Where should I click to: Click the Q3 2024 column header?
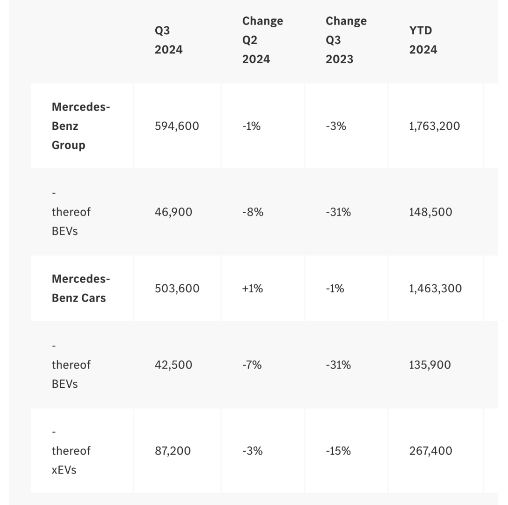click(x=168, y=40)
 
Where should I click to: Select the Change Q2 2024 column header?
click(x=262, y=40)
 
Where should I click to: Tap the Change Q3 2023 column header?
click(x=346, y=40)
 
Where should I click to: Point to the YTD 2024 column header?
click(x=423, y=40)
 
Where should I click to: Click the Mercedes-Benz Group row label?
click(x=81, y=126)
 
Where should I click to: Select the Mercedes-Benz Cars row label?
click(x=81, y=288)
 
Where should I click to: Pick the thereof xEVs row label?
click(x=71, y=451)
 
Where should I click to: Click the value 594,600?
click(x=177, y=126)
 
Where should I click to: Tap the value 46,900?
click(x=173, y=212)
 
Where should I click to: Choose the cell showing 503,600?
click(x=177, y=289)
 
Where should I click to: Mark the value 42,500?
click(x=173, y=365)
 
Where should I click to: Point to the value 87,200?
click(x=173, y=451)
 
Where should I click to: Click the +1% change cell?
click(x=253, y=289)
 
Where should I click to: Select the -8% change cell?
click(x=253, y=212)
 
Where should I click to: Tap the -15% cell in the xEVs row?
click(x=338, y=451)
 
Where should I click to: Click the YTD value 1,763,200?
click(x=435, y=126)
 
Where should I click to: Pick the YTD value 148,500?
click(x=430, y=212)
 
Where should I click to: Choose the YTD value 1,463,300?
click(x=436, y=289)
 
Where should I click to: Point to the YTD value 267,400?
click(x=430, y=451)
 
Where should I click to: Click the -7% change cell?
click(x=252, y=365)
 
